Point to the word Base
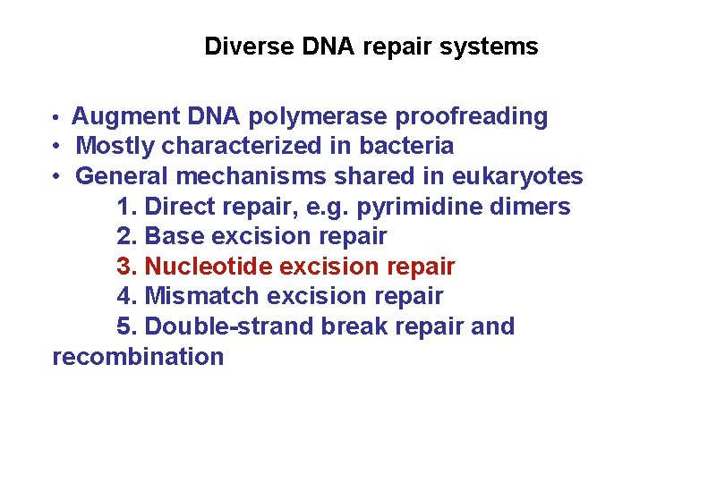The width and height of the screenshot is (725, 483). click(172, 237)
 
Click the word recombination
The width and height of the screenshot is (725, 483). click(138, 357)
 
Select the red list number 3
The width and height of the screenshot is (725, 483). click(126, 267)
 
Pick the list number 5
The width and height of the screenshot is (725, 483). click(126, 326)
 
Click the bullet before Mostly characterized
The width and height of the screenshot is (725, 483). click(55, 147)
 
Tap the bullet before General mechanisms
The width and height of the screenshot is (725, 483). click(55, 177)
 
